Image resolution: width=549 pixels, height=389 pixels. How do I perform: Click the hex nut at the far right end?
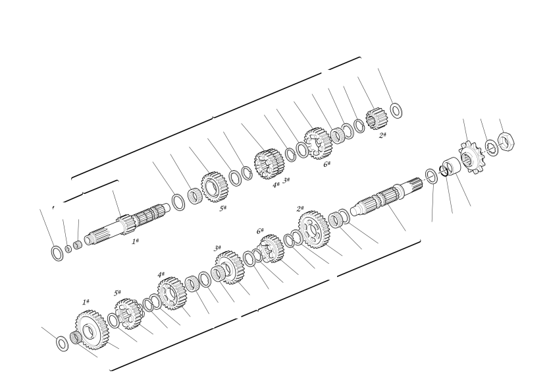point(506,141)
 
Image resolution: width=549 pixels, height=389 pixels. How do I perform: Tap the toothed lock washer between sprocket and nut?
point(492,148)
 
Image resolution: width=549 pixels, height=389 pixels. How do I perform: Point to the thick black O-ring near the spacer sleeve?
point(444,171)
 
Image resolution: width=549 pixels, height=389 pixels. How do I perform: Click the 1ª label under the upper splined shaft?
point(135,241)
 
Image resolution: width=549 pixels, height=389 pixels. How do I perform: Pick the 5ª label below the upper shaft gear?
point(222,208)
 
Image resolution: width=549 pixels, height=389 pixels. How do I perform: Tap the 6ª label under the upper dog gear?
point(327,164)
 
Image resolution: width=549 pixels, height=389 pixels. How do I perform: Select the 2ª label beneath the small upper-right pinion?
point(382,135)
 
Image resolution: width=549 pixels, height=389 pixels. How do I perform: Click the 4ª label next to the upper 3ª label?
point(276,185)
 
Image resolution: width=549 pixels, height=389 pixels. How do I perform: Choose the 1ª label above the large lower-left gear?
point(86,302)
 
